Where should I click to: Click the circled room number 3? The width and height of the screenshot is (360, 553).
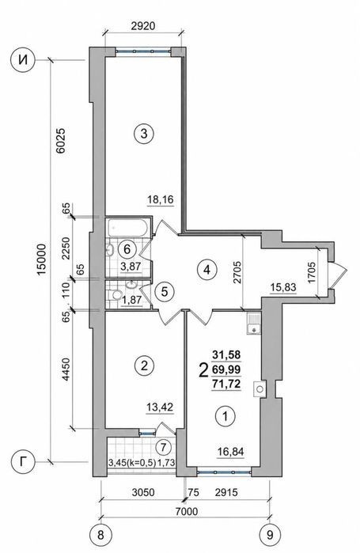[x=144, y=134]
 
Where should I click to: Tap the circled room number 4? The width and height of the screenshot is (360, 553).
[x=207, y=270]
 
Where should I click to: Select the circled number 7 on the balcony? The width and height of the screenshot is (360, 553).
[x=163, y=448]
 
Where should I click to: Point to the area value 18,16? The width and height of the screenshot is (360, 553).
[x=161, y=199]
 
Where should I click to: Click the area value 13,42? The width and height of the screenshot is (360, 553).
[x=161, y=407]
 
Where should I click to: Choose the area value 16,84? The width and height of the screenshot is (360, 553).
[x=230, y=452]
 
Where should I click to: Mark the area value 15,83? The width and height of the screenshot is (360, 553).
[x=282, y=288]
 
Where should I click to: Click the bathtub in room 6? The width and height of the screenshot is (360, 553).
[x=127, y=228]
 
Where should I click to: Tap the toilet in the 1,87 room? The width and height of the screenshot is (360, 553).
[x=115, y=295]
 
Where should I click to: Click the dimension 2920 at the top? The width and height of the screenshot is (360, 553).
[x=143, y=26]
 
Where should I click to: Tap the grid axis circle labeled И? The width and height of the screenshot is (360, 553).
[x=23, y=61]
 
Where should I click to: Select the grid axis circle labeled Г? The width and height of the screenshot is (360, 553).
[x=23, y=462]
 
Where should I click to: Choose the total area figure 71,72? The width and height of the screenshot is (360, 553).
[x=226, y=384]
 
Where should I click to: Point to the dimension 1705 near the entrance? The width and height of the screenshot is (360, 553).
[x=312, y=272]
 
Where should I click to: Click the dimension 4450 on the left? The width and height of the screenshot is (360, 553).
[x=66, y=370]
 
